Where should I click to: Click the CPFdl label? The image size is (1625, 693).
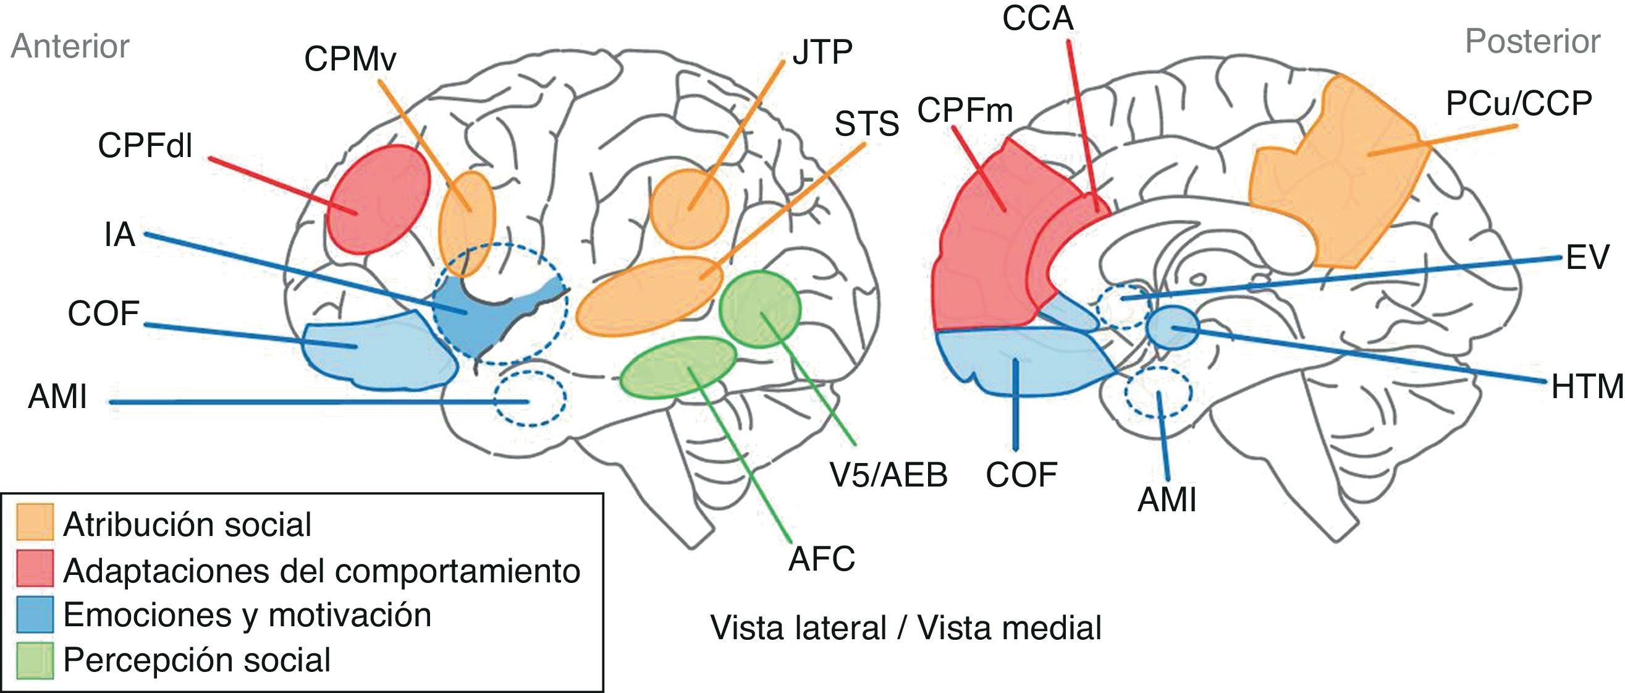click(x=145, y=147)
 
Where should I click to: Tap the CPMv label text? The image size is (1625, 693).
click(x=350, y=60)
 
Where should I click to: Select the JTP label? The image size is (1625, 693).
click(x=822, y=53)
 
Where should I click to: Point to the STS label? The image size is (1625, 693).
click(x=866, y=124)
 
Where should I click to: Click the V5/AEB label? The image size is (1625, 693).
click(x=888, y=475)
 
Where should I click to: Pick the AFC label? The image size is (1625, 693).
click(x=821, y=559)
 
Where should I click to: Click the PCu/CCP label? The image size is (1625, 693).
click(x=1518, y=103)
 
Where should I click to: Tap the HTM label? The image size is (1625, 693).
click(x=1587, y=387)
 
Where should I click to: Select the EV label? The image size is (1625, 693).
click(x=1587, y=258)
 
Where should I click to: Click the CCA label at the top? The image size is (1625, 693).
click(x=1037, y=19)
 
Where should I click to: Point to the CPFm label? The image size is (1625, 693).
click(x=964, y=111)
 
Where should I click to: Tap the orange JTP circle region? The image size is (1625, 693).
click(x=689, y=208)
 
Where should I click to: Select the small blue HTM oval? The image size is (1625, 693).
click(x=1172, y=327)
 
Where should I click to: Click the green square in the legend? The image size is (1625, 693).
click(x=35, y=660)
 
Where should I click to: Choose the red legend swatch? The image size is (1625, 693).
click(x=35, y=569)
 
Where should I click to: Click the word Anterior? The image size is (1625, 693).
click(x=70, y=47)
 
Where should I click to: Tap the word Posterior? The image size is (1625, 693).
click(x=1532, y=42)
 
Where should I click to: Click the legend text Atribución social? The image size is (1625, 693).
click(x=187, y=524)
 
